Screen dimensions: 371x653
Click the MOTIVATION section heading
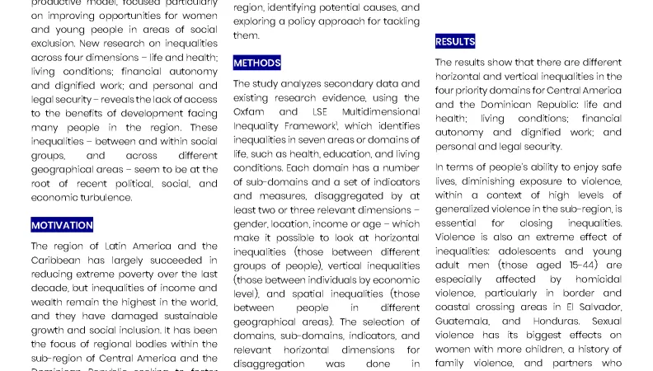pos(62,225)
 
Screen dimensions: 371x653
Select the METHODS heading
pos(256,63)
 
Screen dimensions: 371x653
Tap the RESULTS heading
pos(455,41)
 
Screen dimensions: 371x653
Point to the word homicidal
pos(593,279)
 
